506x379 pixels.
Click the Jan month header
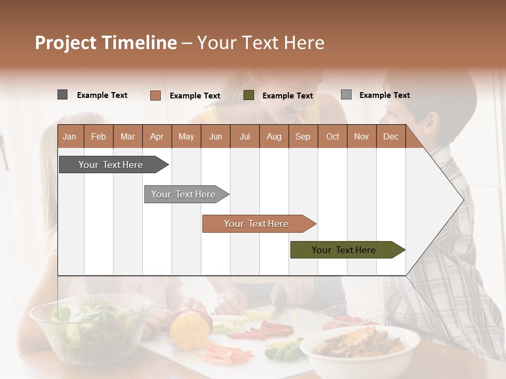click(x=70, y=136)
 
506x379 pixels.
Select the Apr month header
click(x=157, y=136)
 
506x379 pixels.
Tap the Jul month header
click(x=245, y=136)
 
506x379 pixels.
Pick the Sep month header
click(x=303, y=136)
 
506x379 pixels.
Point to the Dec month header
click(x=391, y=136)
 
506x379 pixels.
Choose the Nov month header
click(x=361, y=136)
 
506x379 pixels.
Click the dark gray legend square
click(x=62, y=95)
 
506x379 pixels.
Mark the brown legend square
click(x=155, y=95)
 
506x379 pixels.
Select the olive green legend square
click(x=249, y=95)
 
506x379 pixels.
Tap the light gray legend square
click(x=346, y=95)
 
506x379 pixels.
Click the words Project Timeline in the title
click(x=105, y=43)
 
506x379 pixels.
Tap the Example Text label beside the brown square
click(x=194, y=96)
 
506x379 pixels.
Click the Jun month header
click(x=215, y=136)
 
